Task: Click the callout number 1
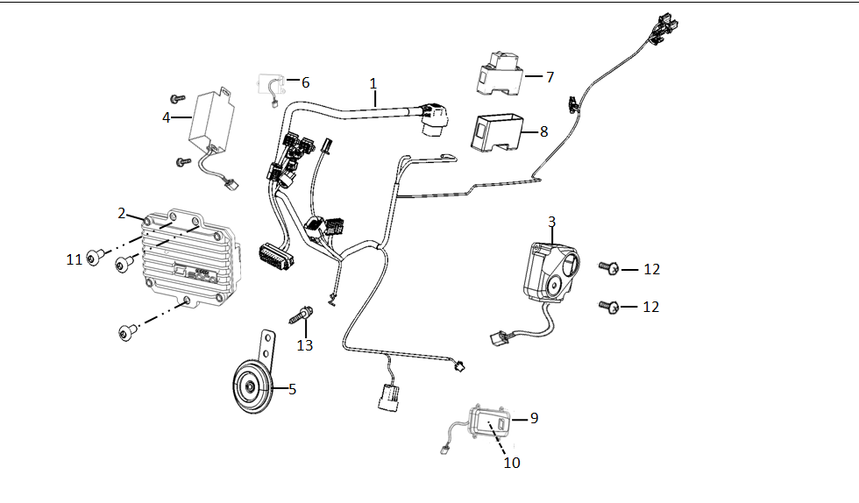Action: point(373,83)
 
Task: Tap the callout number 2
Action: point(122,213)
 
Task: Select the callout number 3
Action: point(551,221)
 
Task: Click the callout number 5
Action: point(292,389)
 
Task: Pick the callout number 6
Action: point(305,82)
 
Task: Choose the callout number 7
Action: point(550,77)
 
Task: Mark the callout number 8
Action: point(543,131)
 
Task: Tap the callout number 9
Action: point(534,419)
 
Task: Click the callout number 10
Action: point(511,462)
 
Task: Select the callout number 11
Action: point(75,259)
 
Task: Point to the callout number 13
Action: point(304,345)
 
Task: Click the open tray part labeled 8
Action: point(496,132)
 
